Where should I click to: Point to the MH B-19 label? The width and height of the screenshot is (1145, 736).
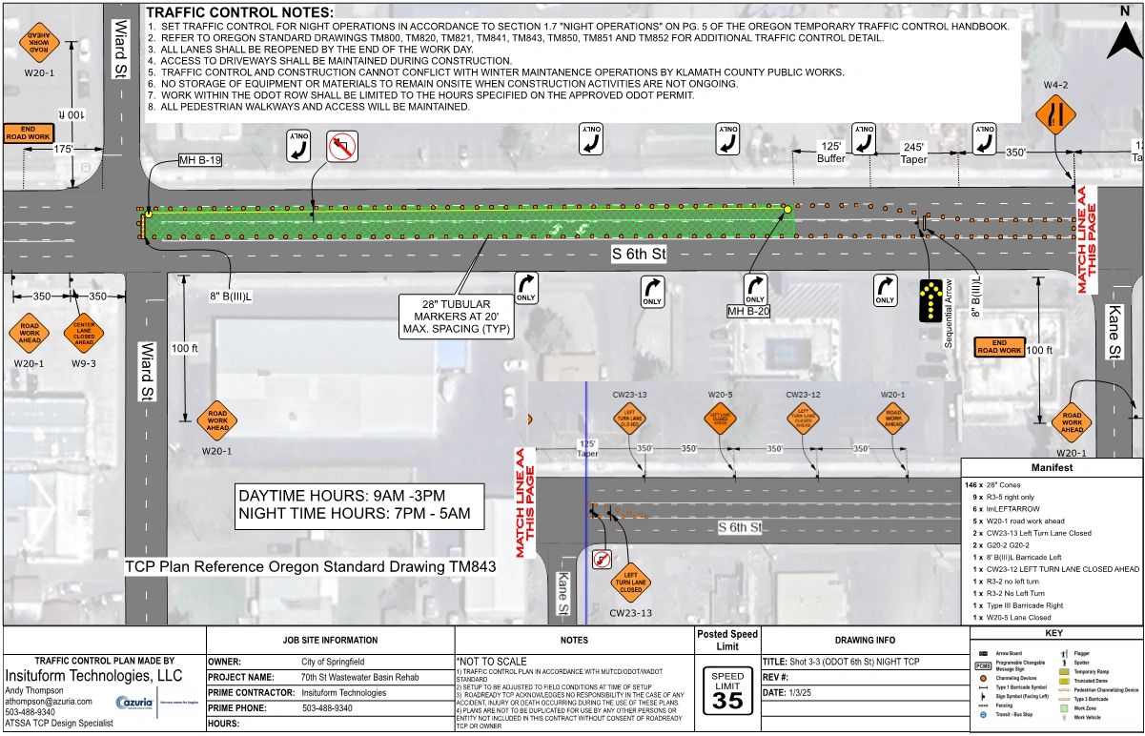click(x=199, y=160)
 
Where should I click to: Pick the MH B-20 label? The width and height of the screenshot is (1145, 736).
click(x=748, y=311)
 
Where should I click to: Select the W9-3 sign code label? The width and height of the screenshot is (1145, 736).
click(x=83, y=363)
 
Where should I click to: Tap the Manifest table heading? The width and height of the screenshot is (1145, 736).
click(x=1052, y=468)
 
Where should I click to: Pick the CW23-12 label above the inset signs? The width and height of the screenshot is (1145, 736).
click(x=803, y=394)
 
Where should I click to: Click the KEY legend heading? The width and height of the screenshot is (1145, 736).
click(x=1055, y=634)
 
